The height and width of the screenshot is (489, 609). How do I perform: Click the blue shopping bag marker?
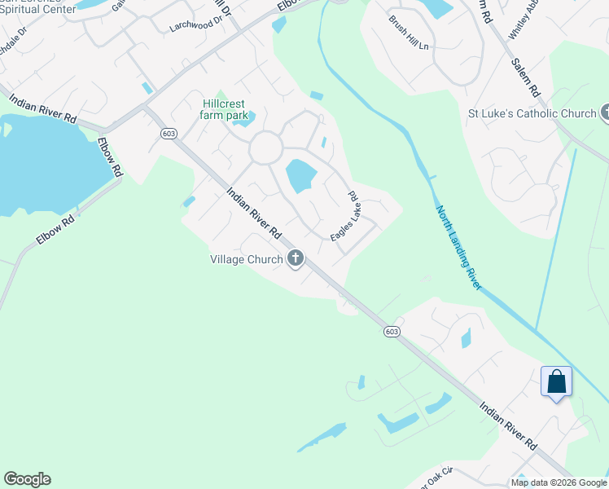(556, 381)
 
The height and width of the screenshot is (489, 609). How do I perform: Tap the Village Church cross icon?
(295, 260)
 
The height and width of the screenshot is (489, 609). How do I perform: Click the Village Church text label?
(246, 260)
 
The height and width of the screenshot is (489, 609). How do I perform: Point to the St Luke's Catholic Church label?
(532, 113)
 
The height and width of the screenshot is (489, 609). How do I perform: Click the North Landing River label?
(459, 248)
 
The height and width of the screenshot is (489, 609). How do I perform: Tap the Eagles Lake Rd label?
(345, 216)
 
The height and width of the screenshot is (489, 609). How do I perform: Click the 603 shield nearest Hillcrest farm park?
(169, 134)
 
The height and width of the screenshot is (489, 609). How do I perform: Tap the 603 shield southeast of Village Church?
(392, 331)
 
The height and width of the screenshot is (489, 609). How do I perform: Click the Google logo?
(27, 479)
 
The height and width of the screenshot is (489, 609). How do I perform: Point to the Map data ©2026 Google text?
(559, 482)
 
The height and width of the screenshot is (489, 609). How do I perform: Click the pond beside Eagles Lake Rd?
(300, 175)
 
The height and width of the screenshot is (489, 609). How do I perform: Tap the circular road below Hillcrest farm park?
(265, 148)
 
